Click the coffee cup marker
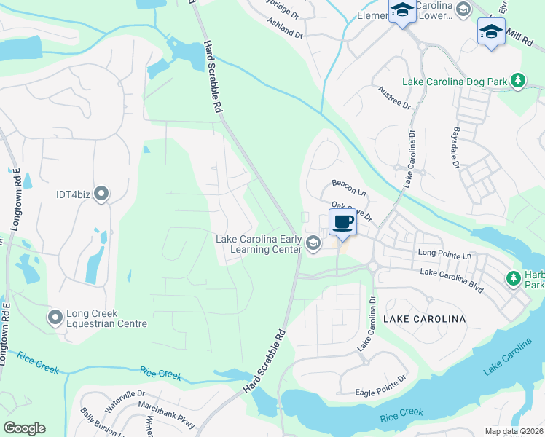tap(342, 221)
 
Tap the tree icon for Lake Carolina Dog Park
tap(518, 81)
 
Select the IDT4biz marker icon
tap(101, 194)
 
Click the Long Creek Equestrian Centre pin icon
tap(55, 318)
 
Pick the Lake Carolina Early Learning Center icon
tap(313, 244)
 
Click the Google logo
tap(24, 428)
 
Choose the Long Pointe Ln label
tap(444, 254)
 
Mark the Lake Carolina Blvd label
tap(452, 279)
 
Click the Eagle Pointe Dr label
tap(380, 392)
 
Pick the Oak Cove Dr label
tap(352, 212)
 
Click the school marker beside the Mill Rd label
tap(491, 32)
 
